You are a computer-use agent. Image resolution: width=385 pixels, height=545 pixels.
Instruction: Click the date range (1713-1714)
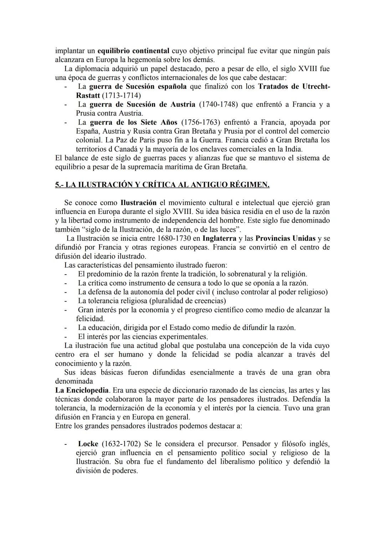pos(121,96)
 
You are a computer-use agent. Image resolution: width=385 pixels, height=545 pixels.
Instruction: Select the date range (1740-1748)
pos(218,105)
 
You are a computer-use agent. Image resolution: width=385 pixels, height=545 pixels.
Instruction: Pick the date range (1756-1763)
pos(201,122)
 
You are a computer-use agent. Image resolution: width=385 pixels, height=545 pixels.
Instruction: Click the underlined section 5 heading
pos(162,185)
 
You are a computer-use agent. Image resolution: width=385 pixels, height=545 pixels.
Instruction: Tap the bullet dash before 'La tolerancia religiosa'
pos(66,301)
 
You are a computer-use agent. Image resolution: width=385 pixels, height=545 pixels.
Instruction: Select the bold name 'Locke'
pos(88,444)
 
